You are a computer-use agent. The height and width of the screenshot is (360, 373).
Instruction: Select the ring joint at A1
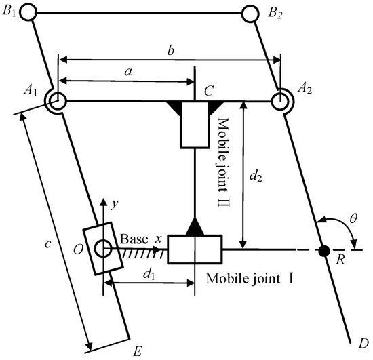coord(57,102)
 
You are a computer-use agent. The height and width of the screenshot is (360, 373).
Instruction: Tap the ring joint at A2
coord(281,102)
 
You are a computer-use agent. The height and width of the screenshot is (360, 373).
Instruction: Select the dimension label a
coord(124,71)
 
